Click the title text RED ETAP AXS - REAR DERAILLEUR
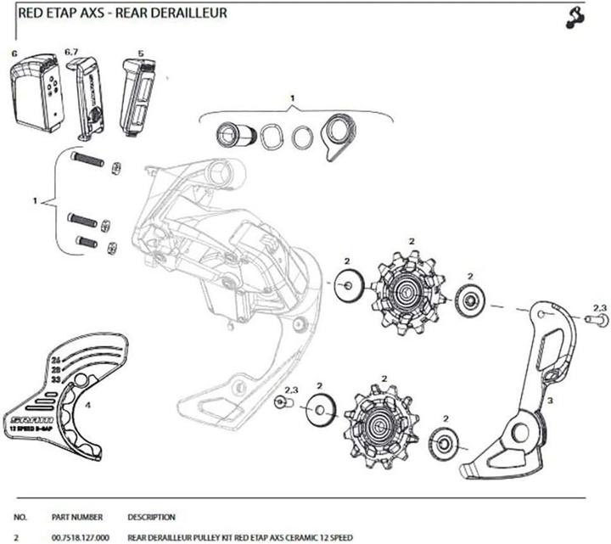pyautogui.click(x=122, y=14)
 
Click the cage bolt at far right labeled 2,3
pyautogui.click(x=595, y=320)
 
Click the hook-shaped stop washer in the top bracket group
pyautogui.click(x=336, y=134)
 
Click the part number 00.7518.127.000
pyautogui.click(x=80, y=537)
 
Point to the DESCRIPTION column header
pyautogui.click(x=151, y=517)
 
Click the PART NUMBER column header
pyautogui.click(x=77, y=517)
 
